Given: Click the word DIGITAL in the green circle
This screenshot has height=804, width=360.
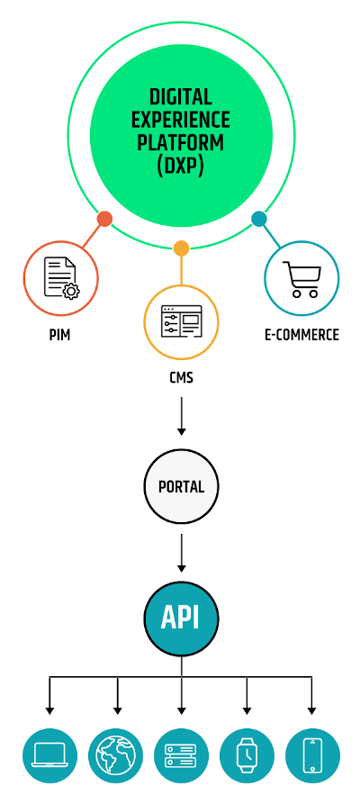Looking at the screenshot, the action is coord(181,97).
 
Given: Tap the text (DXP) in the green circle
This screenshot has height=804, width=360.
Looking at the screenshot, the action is coord(181,166).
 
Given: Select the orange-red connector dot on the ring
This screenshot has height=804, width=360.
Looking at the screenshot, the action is coord(104,219).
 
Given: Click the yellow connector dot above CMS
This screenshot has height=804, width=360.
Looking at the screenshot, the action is coord(181,248).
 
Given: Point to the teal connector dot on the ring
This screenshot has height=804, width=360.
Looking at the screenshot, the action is coord(259,219).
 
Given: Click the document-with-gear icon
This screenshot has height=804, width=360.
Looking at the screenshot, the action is coord(61,278).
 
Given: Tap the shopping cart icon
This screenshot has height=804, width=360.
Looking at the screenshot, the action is coord(302,279).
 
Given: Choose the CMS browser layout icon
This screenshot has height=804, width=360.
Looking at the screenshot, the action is coord(182,321).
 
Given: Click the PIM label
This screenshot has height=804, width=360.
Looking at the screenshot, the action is coord(59,335).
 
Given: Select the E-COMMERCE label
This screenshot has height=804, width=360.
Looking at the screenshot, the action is coord(302,335).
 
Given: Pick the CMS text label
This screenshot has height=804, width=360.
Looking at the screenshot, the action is coord(182,378).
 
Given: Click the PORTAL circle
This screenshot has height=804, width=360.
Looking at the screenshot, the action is coord(181,486).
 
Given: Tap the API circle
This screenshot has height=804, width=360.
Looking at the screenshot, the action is coord(181,618).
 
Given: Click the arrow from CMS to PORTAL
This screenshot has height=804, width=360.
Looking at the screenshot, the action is coord(181,415).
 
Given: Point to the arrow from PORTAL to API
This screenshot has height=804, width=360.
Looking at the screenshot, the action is coord(181,553).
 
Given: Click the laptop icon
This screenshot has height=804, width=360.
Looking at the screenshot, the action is coord(49,755).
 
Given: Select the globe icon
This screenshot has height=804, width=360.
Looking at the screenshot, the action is coord(115,755).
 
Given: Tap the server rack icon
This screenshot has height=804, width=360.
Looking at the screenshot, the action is coord(181,755).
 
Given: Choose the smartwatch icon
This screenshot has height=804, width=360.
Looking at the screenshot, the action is coord(247,755).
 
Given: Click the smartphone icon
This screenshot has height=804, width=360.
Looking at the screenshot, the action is coord(312,755).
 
